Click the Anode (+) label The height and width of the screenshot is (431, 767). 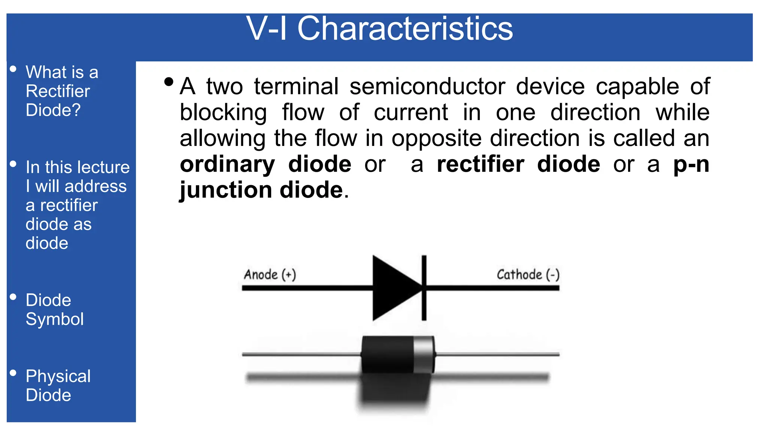click(270, 275)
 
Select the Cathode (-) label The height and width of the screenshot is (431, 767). click(528, 275)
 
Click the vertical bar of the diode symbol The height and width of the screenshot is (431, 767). click(424, 288)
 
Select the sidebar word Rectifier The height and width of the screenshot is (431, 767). click(58, 91)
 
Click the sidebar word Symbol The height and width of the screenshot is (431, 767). click(55, 319)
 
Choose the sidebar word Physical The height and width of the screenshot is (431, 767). click(58, 376)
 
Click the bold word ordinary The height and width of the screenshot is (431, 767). click(227, 164)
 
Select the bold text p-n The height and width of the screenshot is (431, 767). click(691, 164)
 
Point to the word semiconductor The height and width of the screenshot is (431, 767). click(427, 86)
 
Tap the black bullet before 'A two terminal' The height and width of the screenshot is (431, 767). click(169, 82)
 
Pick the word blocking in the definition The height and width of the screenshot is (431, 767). click(223, 113)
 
